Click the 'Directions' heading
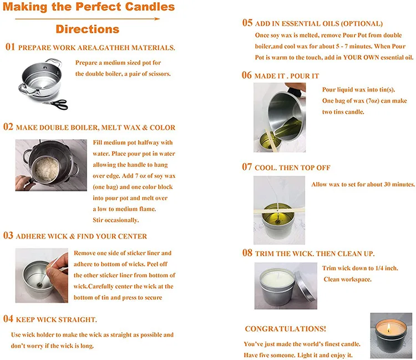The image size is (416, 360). [87, 29]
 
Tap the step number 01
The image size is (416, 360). [10, 47]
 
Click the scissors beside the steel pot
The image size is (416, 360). [55, 104]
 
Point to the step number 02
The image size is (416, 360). [8, 127]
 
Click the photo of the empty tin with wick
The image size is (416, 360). [41, 275]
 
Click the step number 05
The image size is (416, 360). [247, 23]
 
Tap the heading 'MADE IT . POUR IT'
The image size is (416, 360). [287, 75]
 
